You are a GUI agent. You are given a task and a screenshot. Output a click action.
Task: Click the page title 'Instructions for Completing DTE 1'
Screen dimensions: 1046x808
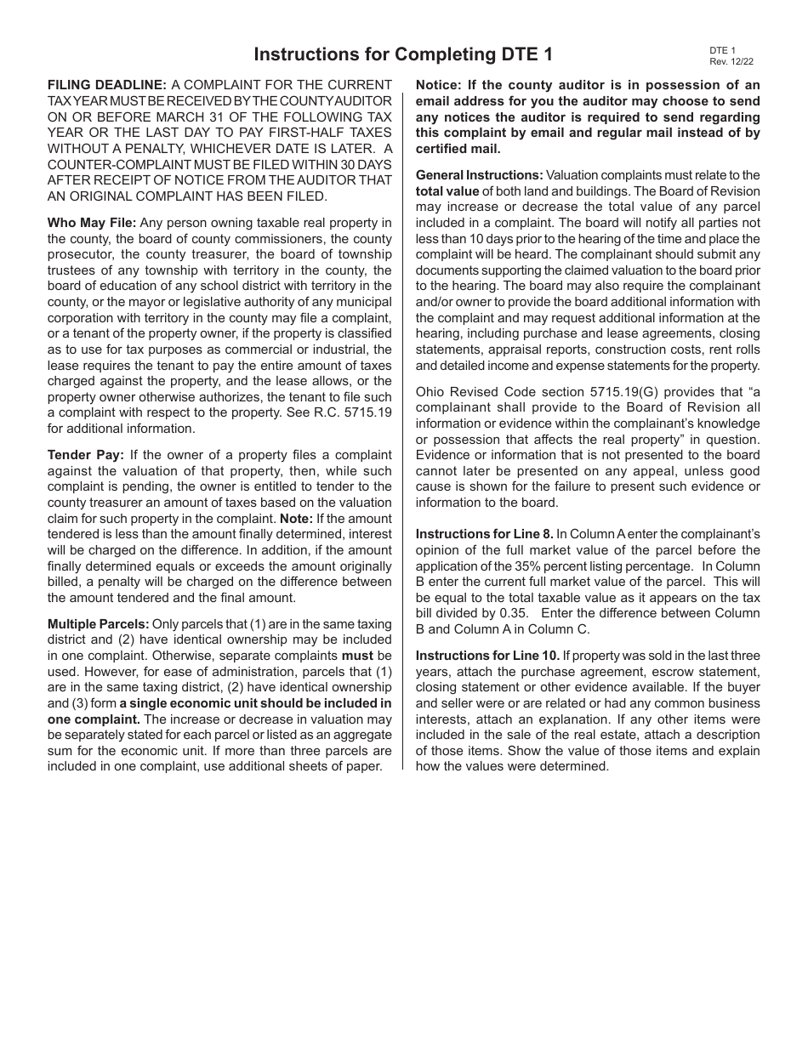(x=403, y=54)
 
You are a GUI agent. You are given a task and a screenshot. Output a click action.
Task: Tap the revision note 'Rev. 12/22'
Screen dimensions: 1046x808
(x=731, y=61)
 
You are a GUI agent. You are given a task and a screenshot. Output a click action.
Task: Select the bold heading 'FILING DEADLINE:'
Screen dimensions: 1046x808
(x=107, y=85)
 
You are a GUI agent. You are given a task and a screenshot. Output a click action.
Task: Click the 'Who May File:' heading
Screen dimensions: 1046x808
(x=92, y=223)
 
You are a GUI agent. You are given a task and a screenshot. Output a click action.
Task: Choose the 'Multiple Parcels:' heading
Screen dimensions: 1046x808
(x=98, y=623)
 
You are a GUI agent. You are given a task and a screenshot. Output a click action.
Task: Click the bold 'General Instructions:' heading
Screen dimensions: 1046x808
(x=479, y=174)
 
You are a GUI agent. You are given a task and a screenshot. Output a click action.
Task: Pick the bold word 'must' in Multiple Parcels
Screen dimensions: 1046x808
(x=357, y=656)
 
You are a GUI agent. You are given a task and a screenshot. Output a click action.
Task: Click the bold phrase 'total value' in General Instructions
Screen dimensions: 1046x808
(x=447, y=190)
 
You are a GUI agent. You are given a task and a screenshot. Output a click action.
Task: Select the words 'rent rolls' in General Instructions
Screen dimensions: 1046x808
(x=731, y=350)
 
